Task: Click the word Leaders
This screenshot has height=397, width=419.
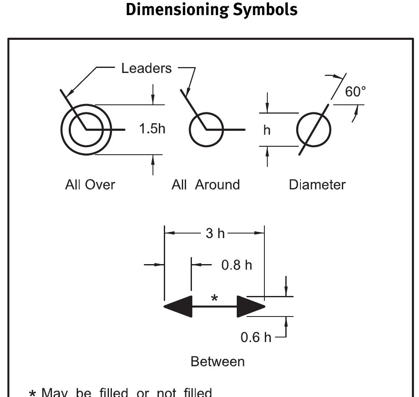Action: click(146, 68)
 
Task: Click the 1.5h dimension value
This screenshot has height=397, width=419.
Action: click(152, 129)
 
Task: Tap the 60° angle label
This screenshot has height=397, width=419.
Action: click(355, 92)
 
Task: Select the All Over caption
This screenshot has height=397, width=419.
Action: click(90, 184)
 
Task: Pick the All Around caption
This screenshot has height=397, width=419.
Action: click(205, 184)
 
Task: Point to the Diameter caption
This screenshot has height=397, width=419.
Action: click(317, 184)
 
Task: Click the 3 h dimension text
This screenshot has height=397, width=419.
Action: click(215, 234)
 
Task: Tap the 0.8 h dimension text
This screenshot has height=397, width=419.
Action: click(237, 265)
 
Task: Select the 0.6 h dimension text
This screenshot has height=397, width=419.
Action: click(256, 337)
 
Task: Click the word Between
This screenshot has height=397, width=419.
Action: click(217, 361)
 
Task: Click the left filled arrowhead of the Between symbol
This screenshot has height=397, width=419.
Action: click(178, 306)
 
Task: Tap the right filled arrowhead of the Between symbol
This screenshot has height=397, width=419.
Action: click(251, 306)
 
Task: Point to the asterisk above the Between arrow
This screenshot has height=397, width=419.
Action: click(215, 298)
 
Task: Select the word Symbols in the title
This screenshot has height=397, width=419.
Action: click(265, 10)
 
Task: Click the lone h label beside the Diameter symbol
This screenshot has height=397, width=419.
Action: click(267, 130)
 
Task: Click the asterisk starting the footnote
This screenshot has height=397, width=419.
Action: click(32, 394)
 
